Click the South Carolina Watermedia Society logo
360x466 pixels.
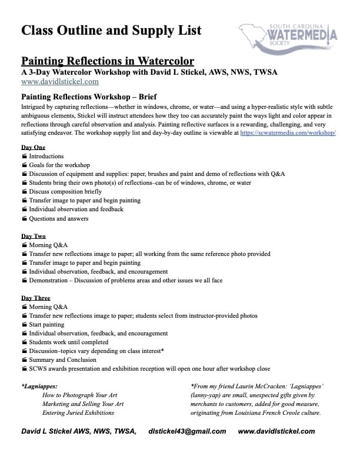pyautogui.click(x=288, y=36)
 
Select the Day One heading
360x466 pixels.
pyautogui.click(x=33, y=147)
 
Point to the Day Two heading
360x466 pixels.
pyautogui.click(x=34, y=236)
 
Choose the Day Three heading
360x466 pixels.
pyautogui.click(x=36, y=298)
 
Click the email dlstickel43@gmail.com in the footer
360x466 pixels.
pyautogui.click(x=187, y=431)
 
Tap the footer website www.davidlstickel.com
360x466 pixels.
pyautogui.click(x=276, y=431)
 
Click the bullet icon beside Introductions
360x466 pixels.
pyautogui.click(x=24, y=157)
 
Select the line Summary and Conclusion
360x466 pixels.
pyautogui.click(x=62, y=360)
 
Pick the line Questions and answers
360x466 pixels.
pyautogui.click(x=59, y=218)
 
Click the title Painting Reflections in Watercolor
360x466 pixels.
pyautogui.click(x=108, y=61)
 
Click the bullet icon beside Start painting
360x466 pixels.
pyautogui.click(x=24, y=324)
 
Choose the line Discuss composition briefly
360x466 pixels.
pyautogui.click(x=65, y=192)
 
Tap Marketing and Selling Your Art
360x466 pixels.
pyautogui.click(x=83, y=404)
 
